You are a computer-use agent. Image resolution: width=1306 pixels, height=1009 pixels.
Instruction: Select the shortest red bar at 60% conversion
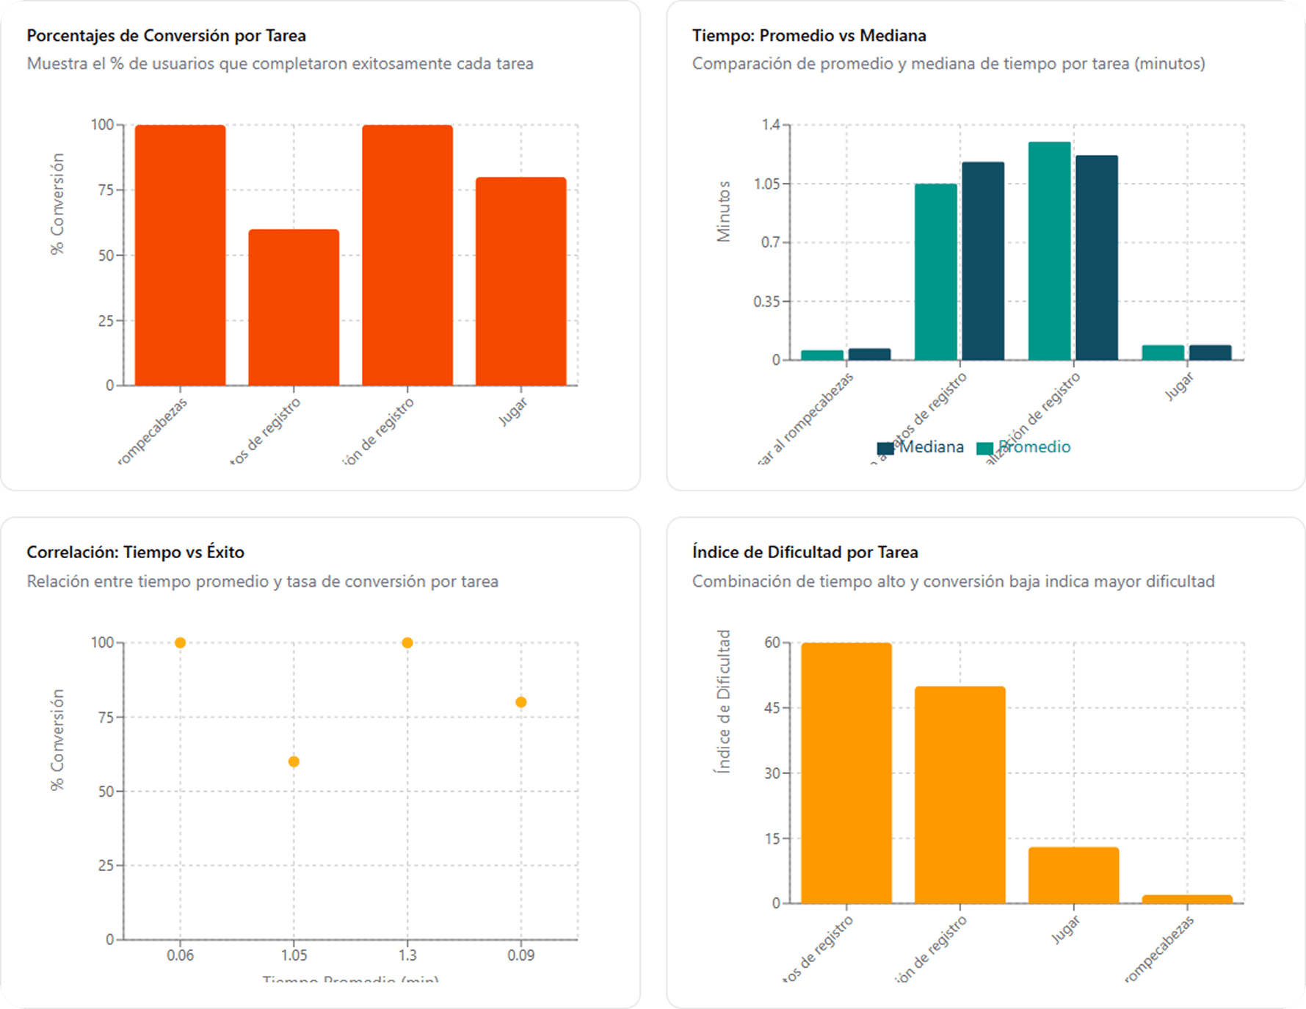[294, 308]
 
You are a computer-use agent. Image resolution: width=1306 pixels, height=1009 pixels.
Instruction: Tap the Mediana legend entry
[921, 447]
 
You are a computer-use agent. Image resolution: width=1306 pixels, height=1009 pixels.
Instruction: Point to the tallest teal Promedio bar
[1049, 251]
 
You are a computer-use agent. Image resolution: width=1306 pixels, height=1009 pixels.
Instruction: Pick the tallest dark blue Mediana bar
[1097, 258]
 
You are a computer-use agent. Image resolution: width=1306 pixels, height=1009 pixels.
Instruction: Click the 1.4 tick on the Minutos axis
[771, 125]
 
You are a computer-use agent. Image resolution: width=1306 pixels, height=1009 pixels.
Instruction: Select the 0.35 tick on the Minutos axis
[766, 301]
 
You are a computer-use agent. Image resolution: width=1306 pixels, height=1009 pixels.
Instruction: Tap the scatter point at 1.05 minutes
[294, 762]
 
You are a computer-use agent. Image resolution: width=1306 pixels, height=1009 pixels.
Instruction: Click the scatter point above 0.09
[520, 702]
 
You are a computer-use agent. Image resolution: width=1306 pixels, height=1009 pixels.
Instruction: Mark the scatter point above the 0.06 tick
[180, 643]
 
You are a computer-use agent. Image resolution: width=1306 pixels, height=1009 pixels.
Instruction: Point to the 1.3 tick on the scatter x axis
[407, 955]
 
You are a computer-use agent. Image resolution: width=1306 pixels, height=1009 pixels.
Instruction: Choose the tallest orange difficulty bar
[846, 773]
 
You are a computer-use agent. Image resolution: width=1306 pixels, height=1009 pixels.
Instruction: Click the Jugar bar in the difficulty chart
[1073, 875]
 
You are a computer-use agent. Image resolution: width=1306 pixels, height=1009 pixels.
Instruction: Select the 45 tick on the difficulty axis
[772, 708]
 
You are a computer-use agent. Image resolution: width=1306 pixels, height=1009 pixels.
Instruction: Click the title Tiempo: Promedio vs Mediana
[809, 35]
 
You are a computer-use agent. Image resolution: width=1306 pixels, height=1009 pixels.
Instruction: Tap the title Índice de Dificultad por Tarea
[805, 552]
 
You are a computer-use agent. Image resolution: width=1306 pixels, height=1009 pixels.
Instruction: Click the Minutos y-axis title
[724, 211]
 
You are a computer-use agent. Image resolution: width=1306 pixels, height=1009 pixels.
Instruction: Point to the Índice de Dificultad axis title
[724, 701]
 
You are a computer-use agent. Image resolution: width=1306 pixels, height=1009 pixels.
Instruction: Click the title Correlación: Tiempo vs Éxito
[135, 552]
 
